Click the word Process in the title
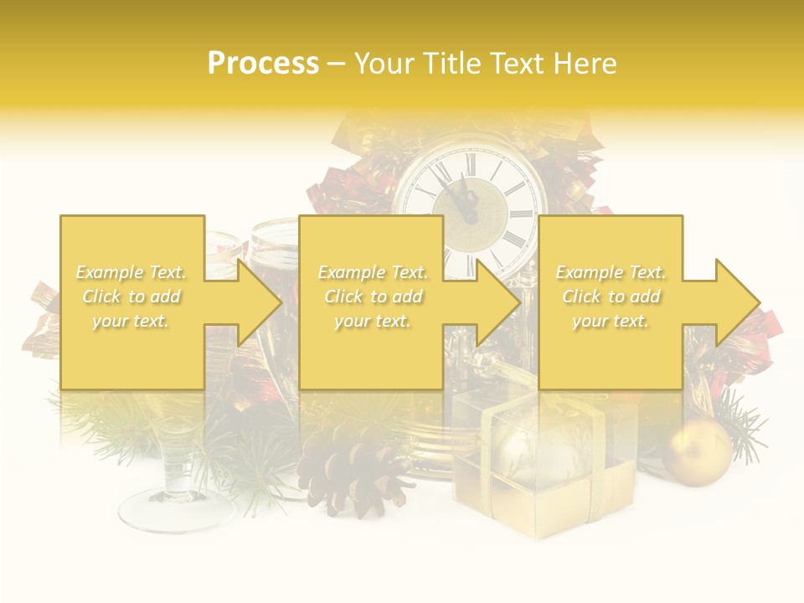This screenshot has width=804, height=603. click(x=263, y=64)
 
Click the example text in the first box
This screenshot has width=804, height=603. click(x=131, y=296)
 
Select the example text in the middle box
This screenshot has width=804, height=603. click(x=372, y=296)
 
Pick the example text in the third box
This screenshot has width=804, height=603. click(x=611, y=296)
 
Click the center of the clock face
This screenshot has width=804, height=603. click(x=472, y=216)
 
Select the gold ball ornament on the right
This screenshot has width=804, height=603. click(x=698, y=451)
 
